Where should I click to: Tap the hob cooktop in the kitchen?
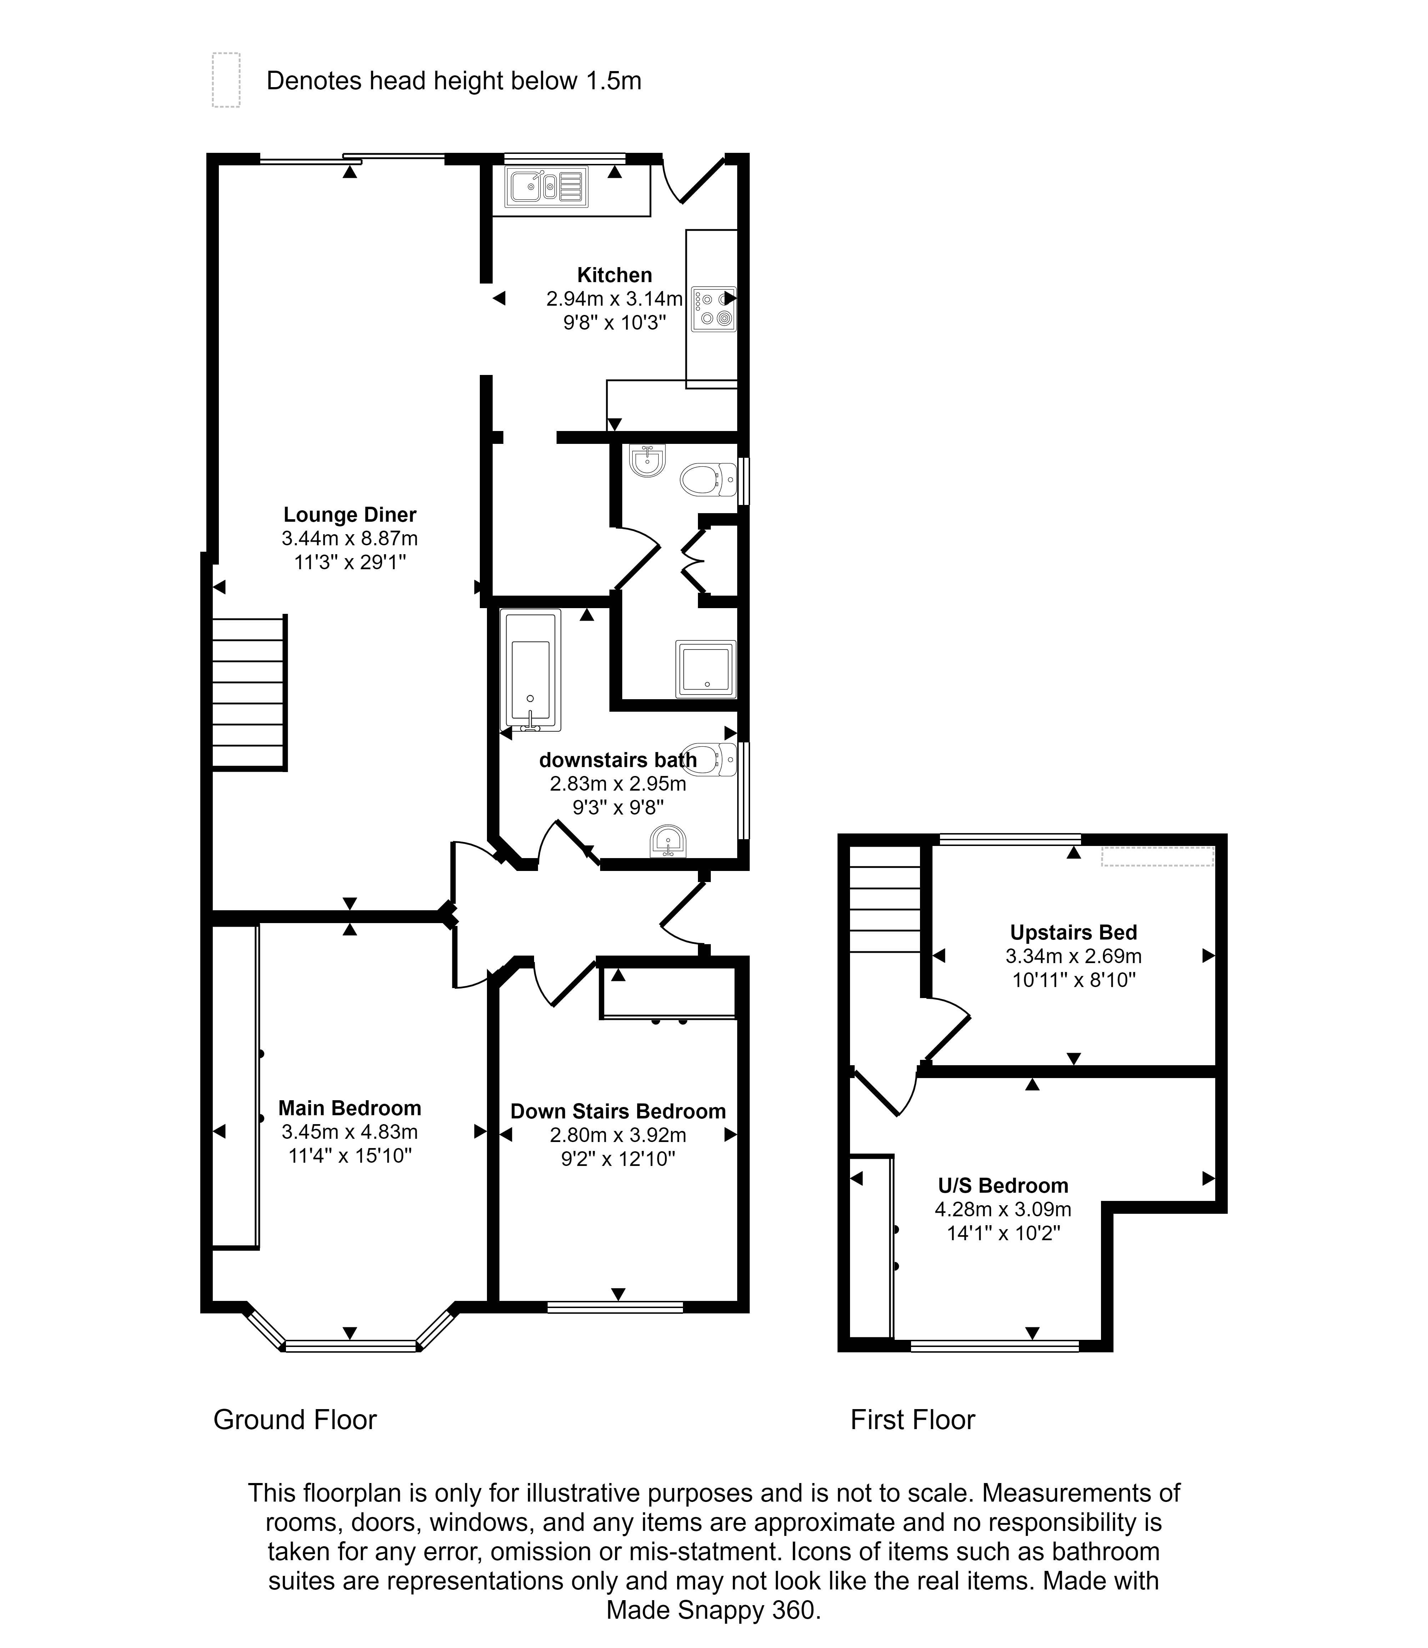point(713,309)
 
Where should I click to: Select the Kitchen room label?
point(614,275)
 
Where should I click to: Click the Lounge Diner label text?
point(350,515)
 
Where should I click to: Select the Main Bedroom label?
point(350,1108)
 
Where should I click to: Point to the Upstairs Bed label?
point(1073,932)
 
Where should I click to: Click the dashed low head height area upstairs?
point(1157,857)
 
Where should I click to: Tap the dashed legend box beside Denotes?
point(226,80)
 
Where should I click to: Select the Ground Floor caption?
point(295,1419)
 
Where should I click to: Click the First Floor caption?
point(912,1419)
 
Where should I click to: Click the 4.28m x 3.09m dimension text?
point(1002,1209)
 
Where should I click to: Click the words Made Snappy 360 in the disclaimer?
point(713,1610)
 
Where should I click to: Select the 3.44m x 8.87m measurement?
point(350,539)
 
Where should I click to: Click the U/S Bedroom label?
point(1002,1185)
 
